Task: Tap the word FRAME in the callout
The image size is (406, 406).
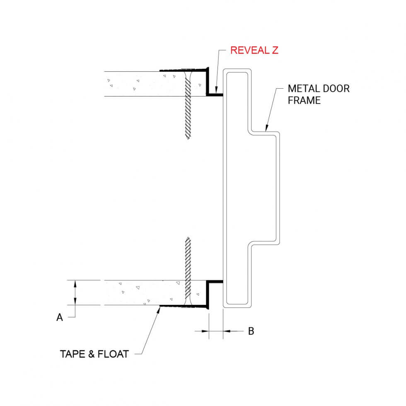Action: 304,100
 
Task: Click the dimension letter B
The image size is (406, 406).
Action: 251,331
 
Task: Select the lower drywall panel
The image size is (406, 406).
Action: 133,292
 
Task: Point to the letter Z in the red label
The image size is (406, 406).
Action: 274,51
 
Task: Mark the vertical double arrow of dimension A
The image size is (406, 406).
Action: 75,292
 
